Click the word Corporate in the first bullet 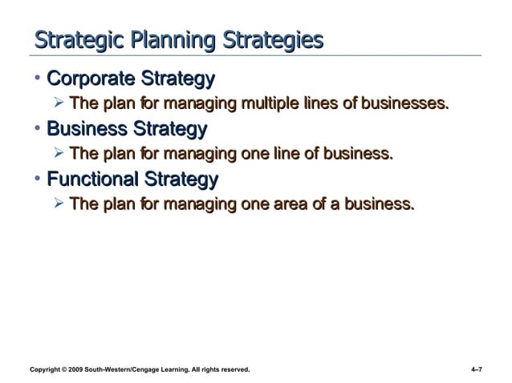[91, 79]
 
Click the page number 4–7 [477, 369]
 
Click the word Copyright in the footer [47, 369]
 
